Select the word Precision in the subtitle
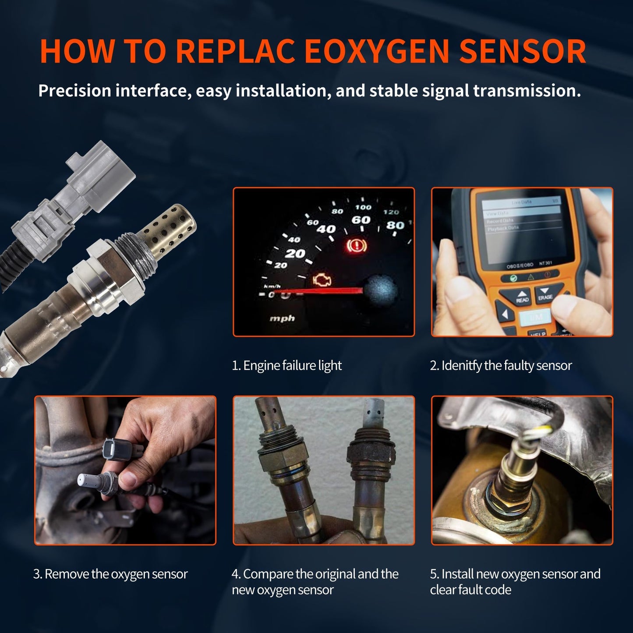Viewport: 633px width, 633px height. pyautogui.click(x=74, y=91)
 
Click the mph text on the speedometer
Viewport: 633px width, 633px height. pyautogui.click(x=282, y=318)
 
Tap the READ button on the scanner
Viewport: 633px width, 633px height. pyautogui.click(x=522, y=297)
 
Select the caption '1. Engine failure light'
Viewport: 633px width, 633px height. pyautogui.click(x=286, y=365)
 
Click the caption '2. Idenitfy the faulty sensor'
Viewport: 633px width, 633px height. pyautogui.click(x=501, y=365)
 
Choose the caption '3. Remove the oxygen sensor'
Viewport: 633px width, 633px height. pyautogui.click(x=110, y=574)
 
